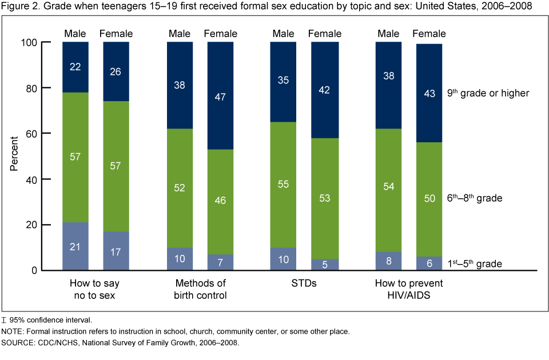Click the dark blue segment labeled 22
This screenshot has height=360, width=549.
75,67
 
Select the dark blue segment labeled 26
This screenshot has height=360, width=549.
116,71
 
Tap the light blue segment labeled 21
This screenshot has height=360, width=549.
75,246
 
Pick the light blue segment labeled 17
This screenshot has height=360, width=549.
116,251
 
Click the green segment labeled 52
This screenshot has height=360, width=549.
180,188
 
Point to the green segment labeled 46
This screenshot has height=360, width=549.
220,201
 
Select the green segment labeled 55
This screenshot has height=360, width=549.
283,185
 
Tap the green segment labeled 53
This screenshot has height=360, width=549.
325,198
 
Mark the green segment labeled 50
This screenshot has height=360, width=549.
429,199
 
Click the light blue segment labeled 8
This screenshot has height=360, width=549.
389,261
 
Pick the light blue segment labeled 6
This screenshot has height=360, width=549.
429,263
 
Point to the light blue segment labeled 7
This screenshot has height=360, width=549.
220,262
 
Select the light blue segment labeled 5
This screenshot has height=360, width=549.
325,265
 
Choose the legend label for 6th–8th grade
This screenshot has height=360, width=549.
475,198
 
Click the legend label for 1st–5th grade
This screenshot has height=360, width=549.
475,264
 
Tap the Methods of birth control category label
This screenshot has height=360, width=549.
200,289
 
